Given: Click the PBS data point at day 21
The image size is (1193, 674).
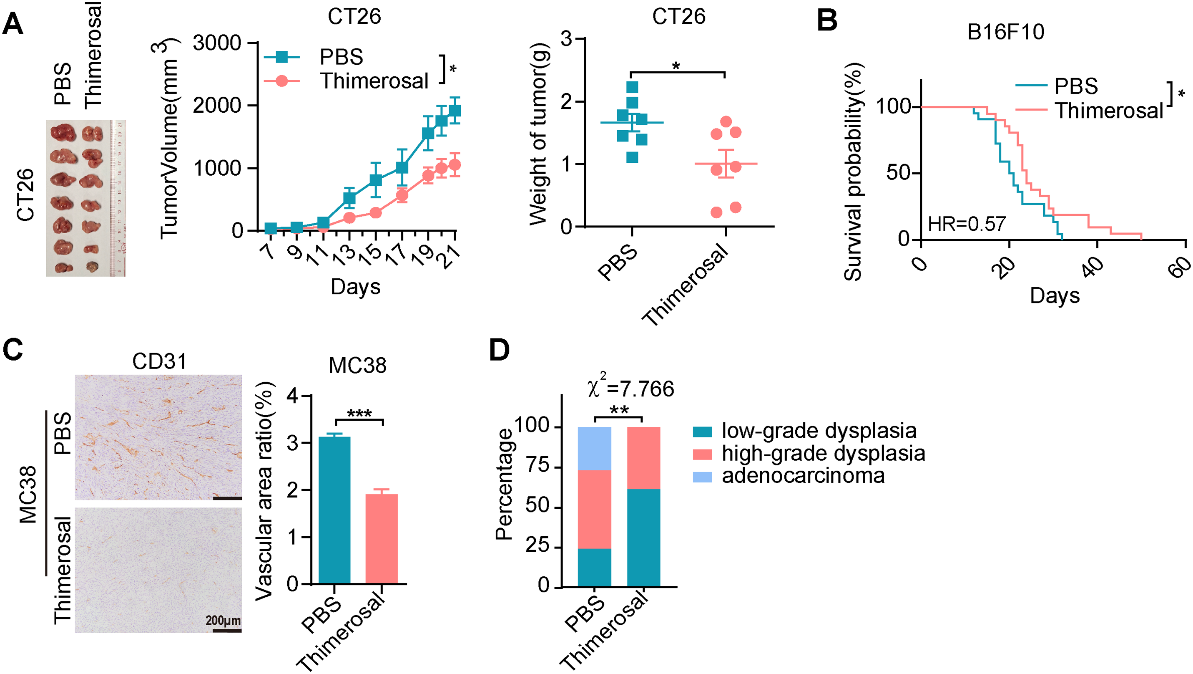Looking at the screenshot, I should [455, 110].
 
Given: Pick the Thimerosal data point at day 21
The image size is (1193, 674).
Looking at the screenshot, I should [455, 165].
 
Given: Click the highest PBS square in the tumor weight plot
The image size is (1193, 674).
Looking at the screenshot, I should [632, 87].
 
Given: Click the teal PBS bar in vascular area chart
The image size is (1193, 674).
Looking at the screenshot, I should [334, 510].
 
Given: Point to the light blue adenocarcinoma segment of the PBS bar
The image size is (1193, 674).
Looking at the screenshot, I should [594, 448].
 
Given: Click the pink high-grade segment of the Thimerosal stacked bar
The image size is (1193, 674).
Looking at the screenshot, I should [643, 458].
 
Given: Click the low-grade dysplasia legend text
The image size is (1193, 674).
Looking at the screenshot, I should [819, 431].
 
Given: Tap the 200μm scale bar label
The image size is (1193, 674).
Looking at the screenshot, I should [223, 620].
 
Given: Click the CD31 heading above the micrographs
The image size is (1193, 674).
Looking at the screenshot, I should [159, 361].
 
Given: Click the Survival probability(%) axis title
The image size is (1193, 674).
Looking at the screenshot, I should [853, 172].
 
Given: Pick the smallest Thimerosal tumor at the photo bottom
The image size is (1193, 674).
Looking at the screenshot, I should [93, 267].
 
